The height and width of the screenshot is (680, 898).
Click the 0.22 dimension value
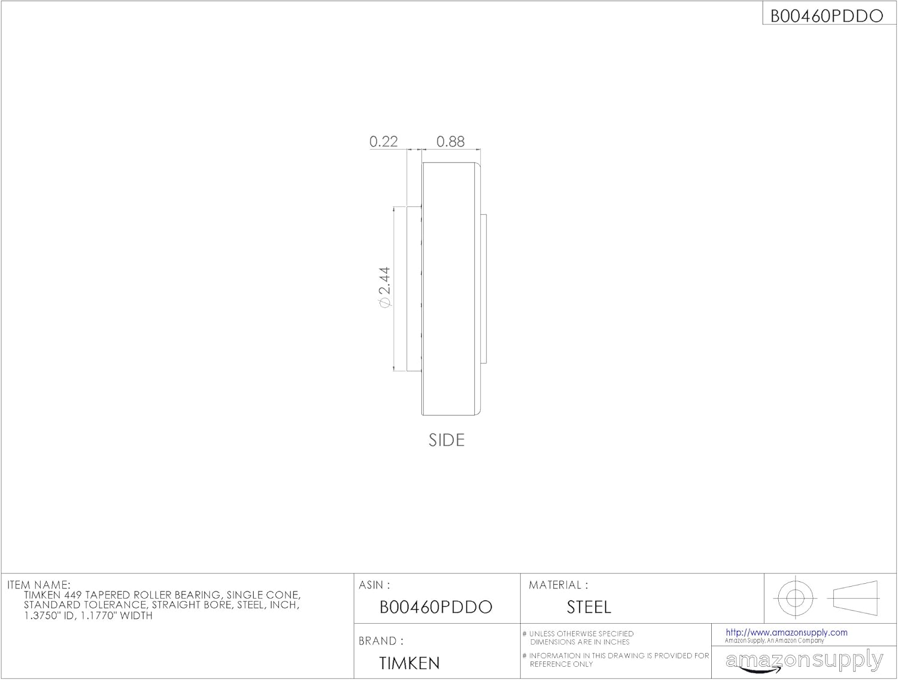click(x=383, y=142)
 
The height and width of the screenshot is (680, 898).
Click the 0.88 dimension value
click(x=450, y=142)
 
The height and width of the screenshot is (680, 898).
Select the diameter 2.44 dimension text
click(x=384, y=288)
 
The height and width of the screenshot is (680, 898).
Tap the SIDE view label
click(x=447, y=440)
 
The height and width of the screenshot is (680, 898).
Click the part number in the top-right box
click(x=826, y=16)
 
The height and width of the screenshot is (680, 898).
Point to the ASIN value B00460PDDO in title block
click(x=436, y=608)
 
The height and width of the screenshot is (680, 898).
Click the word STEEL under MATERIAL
click(x=588, y=608)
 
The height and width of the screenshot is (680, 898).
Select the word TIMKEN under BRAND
click(x=409, y=663)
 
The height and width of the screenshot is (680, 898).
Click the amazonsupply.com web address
click(x=786, y=632)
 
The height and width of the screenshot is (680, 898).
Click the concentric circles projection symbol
click(x=795, y=597)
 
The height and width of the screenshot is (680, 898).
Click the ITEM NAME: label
click(x=39, y=585)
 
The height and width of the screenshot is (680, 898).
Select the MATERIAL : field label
click(x=558, y=585)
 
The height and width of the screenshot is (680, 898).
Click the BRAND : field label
click(x=381, y=641)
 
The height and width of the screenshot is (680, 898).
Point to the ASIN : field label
click(x=374, y=585)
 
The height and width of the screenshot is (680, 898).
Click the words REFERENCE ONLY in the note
click(x=561, y=664)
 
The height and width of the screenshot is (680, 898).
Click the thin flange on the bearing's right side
click(x=484, y=288)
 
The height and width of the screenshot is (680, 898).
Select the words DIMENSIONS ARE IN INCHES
click(x=580, y=642)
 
